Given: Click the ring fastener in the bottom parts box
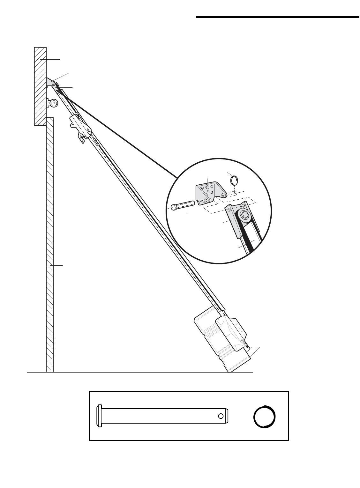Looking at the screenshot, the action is click(x=264, y=417).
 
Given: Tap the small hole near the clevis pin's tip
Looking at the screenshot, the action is click(x=221, y=416).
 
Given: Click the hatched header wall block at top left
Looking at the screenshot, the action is click(x=41, y=86).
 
